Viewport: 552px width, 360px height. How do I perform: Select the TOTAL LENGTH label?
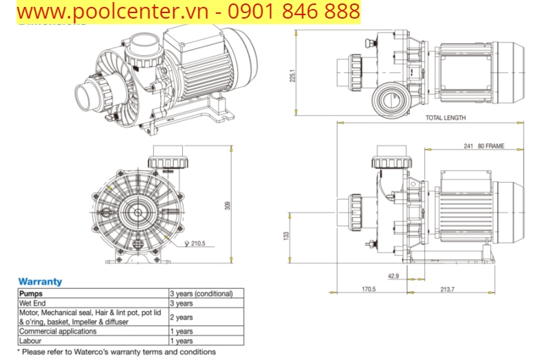point(445,118)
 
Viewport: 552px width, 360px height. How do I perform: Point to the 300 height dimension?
point(228,206)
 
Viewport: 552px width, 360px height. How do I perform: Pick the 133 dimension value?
point(287,236)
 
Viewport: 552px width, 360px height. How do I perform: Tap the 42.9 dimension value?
point(393,277)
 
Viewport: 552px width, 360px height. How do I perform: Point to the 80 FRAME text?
point(491,146)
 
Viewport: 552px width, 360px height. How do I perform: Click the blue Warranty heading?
point(40,281)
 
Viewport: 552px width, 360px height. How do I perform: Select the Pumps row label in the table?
point(31,293)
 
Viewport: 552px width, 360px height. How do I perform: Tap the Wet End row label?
point(33,303)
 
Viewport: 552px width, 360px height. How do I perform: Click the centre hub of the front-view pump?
point(139,211)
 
